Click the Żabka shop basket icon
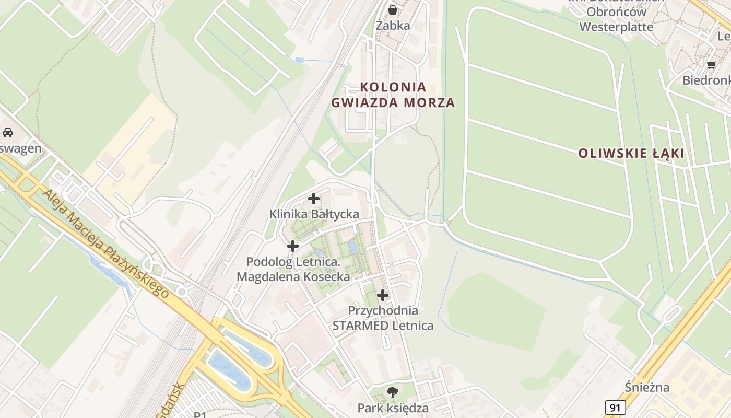(393, 9)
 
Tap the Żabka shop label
(393, 25)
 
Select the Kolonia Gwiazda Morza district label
(393, 95)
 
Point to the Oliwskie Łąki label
(631, 154)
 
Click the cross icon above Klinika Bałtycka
(314, 199)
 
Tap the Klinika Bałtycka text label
(314, 214)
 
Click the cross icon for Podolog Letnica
(293, 246)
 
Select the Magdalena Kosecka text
(293, 277)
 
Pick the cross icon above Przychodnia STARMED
(383, 295)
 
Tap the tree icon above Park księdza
(393, 392)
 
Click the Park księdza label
(393, 408)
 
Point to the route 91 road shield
(616, 408)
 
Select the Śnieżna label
(647, 388)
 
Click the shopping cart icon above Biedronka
(711, 65)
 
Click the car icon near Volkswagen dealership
(8, 133)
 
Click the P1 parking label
(200, 415)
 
